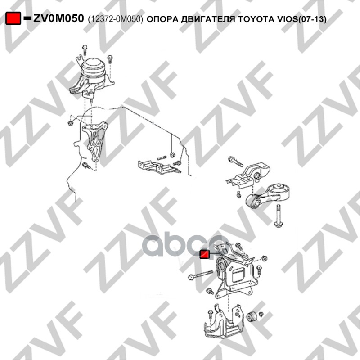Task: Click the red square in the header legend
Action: pyautogui.click(x=13, y=18)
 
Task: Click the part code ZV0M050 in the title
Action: pyautogui.click(x=58, y=18)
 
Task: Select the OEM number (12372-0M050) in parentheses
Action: pyautogui.click(x=116, y=19)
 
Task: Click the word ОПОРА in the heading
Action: pyautogui.click(x=162, y=19)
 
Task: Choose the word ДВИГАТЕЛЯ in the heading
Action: pyautogui.click(x=208, y=19)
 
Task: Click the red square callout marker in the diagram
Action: pyautogui.click(x=205, y=254)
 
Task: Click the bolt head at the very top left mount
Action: pyautogui.click(x=85, y=47)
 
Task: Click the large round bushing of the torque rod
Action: pyautogui.click(x=280, y=189)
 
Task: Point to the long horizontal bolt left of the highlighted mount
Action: pyautogui.click(x=200, y=275)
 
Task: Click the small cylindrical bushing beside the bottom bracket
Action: pyautogui.click(x=252, y=316)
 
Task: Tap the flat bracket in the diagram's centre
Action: pyautogui.click(x=159, y=167)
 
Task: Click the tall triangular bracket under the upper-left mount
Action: pyautogui.click(x=94, y=141)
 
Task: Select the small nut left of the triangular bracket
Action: pyautogui.click(x=70, y=123)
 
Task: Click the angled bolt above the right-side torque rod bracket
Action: pyautogui.click(x=235, y=162)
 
